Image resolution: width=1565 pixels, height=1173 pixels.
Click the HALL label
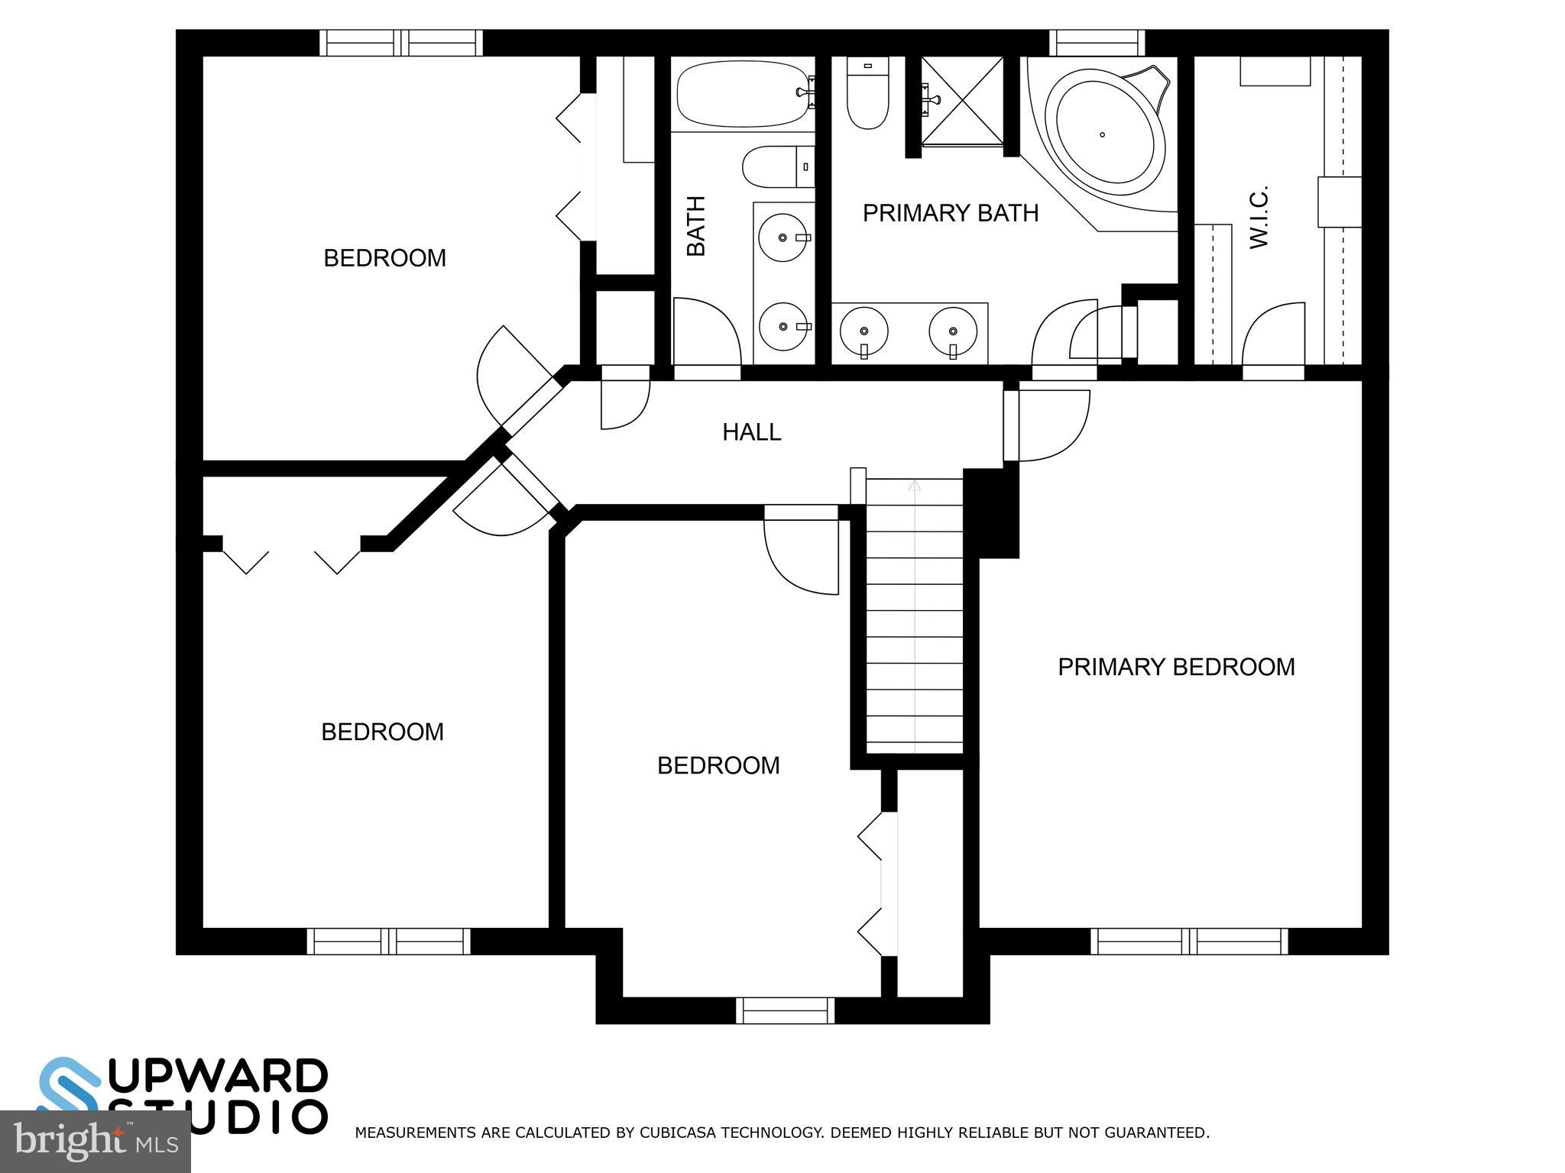(x=751, y=432)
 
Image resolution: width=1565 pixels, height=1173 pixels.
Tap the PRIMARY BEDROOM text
(x=1175, y=667)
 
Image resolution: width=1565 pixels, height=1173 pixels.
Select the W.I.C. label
(x=1258, y=216)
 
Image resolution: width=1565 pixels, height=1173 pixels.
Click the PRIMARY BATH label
(x=950, y=213)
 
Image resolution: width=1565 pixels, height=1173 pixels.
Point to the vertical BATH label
(x=695, y=226)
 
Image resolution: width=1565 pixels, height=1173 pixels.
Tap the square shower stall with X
(x=962, y=101)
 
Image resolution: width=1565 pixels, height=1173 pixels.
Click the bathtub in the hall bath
(x=741, y=94)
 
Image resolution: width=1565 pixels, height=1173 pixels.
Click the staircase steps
(x=914, y=611)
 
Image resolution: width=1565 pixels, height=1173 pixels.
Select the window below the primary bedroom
(x=1188, y=941)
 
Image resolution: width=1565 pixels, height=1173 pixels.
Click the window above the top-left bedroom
(x=400, y=43)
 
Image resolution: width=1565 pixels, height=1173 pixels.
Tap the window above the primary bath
(x=1097, y=43)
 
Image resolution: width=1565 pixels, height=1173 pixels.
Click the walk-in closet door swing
(x=1273, y=336)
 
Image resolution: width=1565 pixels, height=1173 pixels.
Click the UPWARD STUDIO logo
(x=183, y=1095)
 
